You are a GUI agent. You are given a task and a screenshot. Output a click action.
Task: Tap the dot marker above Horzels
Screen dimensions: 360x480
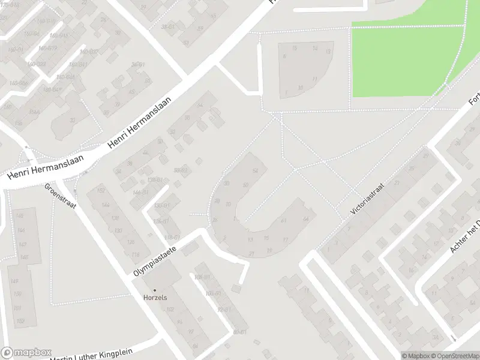tap(154, 290)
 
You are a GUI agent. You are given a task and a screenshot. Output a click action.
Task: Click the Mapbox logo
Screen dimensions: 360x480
tap(26, 352)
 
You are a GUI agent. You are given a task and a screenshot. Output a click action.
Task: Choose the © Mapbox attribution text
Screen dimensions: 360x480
tap(416, 356)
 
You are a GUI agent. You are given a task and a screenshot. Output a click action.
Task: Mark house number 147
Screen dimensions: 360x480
tap(22, 244)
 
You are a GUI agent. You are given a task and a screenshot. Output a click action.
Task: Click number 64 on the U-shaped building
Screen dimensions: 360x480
tap(305, 218)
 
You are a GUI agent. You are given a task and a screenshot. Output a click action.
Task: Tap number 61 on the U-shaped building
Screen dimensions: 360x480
tap(283, 220)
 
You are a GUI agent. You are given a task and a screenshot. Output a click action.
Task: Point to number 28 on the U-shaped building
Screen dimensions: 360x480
tap(215, 220)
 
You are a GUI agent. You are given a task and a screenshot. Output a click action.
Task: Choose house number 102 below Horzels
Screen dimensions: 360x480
tap(170, 310)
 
